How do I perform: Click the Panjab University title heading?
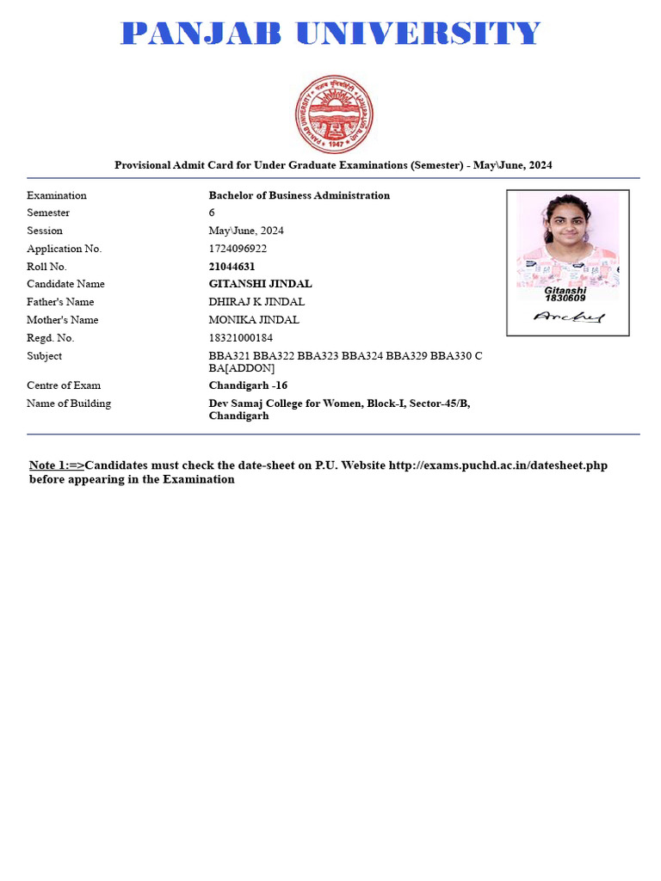point(330,34)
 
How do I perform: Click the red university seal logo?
point(334,114)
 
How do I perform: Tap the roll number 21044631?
point(232,267)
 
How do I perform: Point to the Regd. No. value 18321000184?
point(240,338)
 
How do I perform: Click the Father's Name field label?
point(60,302)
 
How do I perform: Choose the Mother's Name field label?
point(62,320)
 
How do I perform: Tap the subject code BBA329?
point(406,356)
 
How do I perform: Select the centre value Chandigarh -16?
point(248,385)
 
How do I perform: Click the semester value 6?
point(212,213)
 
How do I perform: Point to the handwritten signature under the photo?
point(568,317)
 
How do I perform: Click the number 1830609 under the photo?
point(565,299)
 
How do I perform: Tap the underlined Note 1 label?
point(57,465)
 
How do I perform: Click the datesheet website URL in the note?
point(498,465)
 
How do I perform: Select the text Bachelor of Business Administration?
point(299,195)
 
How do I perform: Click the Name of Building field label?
point(69,404)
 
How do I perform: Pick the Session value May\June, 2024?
point(246,231)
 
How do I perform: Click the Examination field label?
point(57,195)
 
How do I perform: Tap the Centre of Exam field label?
point(64,385)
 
